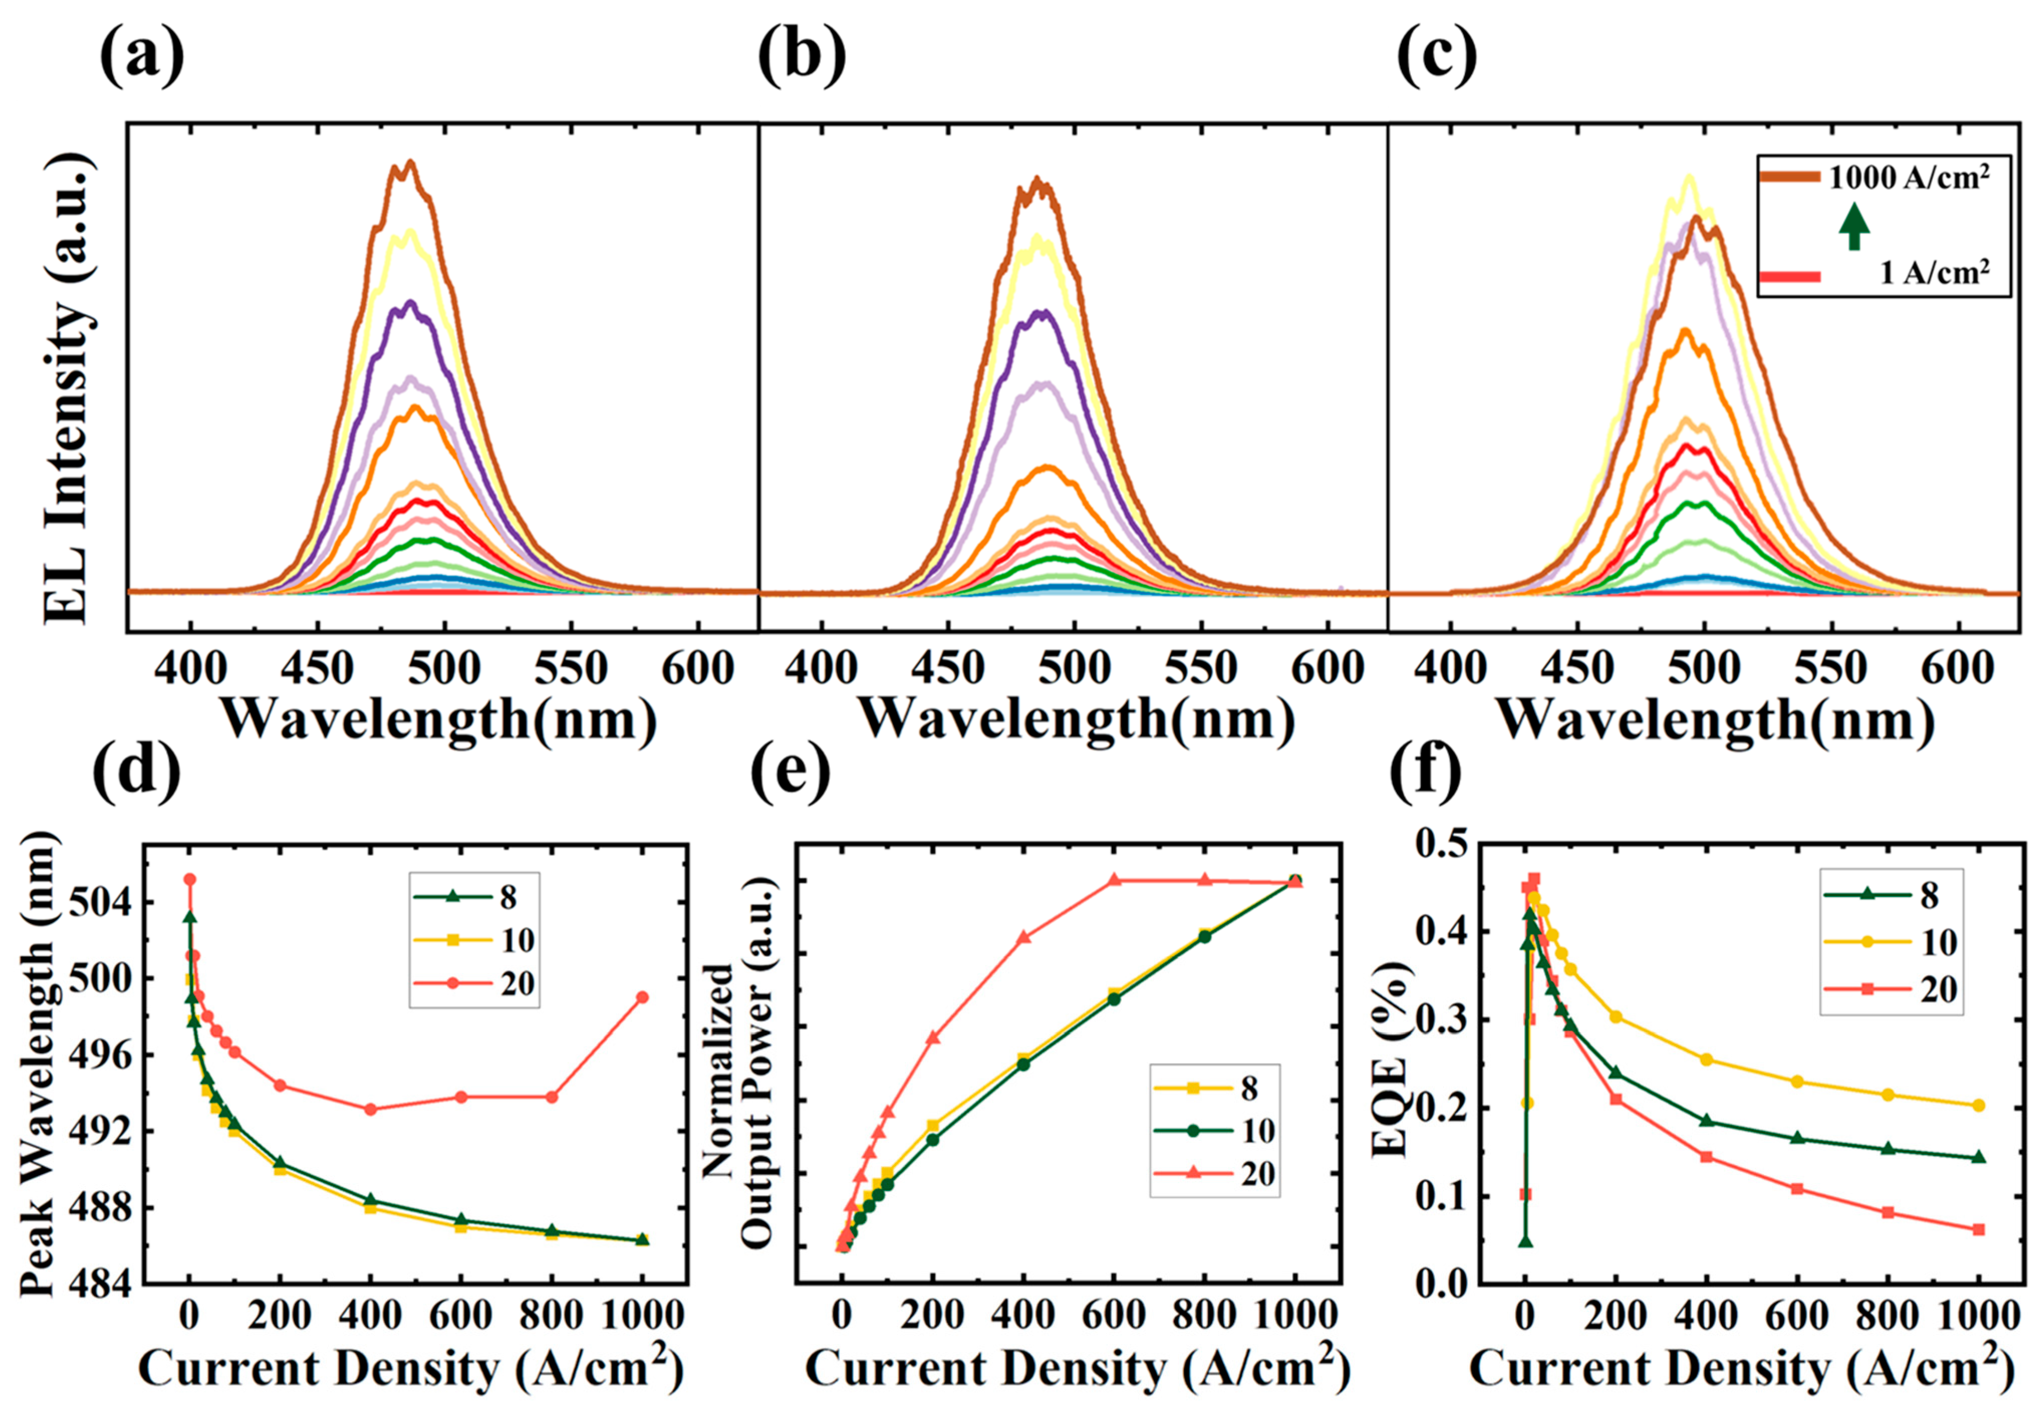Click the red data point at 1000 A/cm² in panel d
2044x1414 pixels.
(642, 997)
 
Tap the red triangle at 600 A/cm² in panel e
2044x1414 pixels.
(1114, 880)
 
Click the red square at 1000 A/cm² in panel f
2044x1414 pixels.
(1978, 1229)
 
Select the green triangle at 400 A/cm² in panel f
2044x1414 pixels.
(1706, 1121)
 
